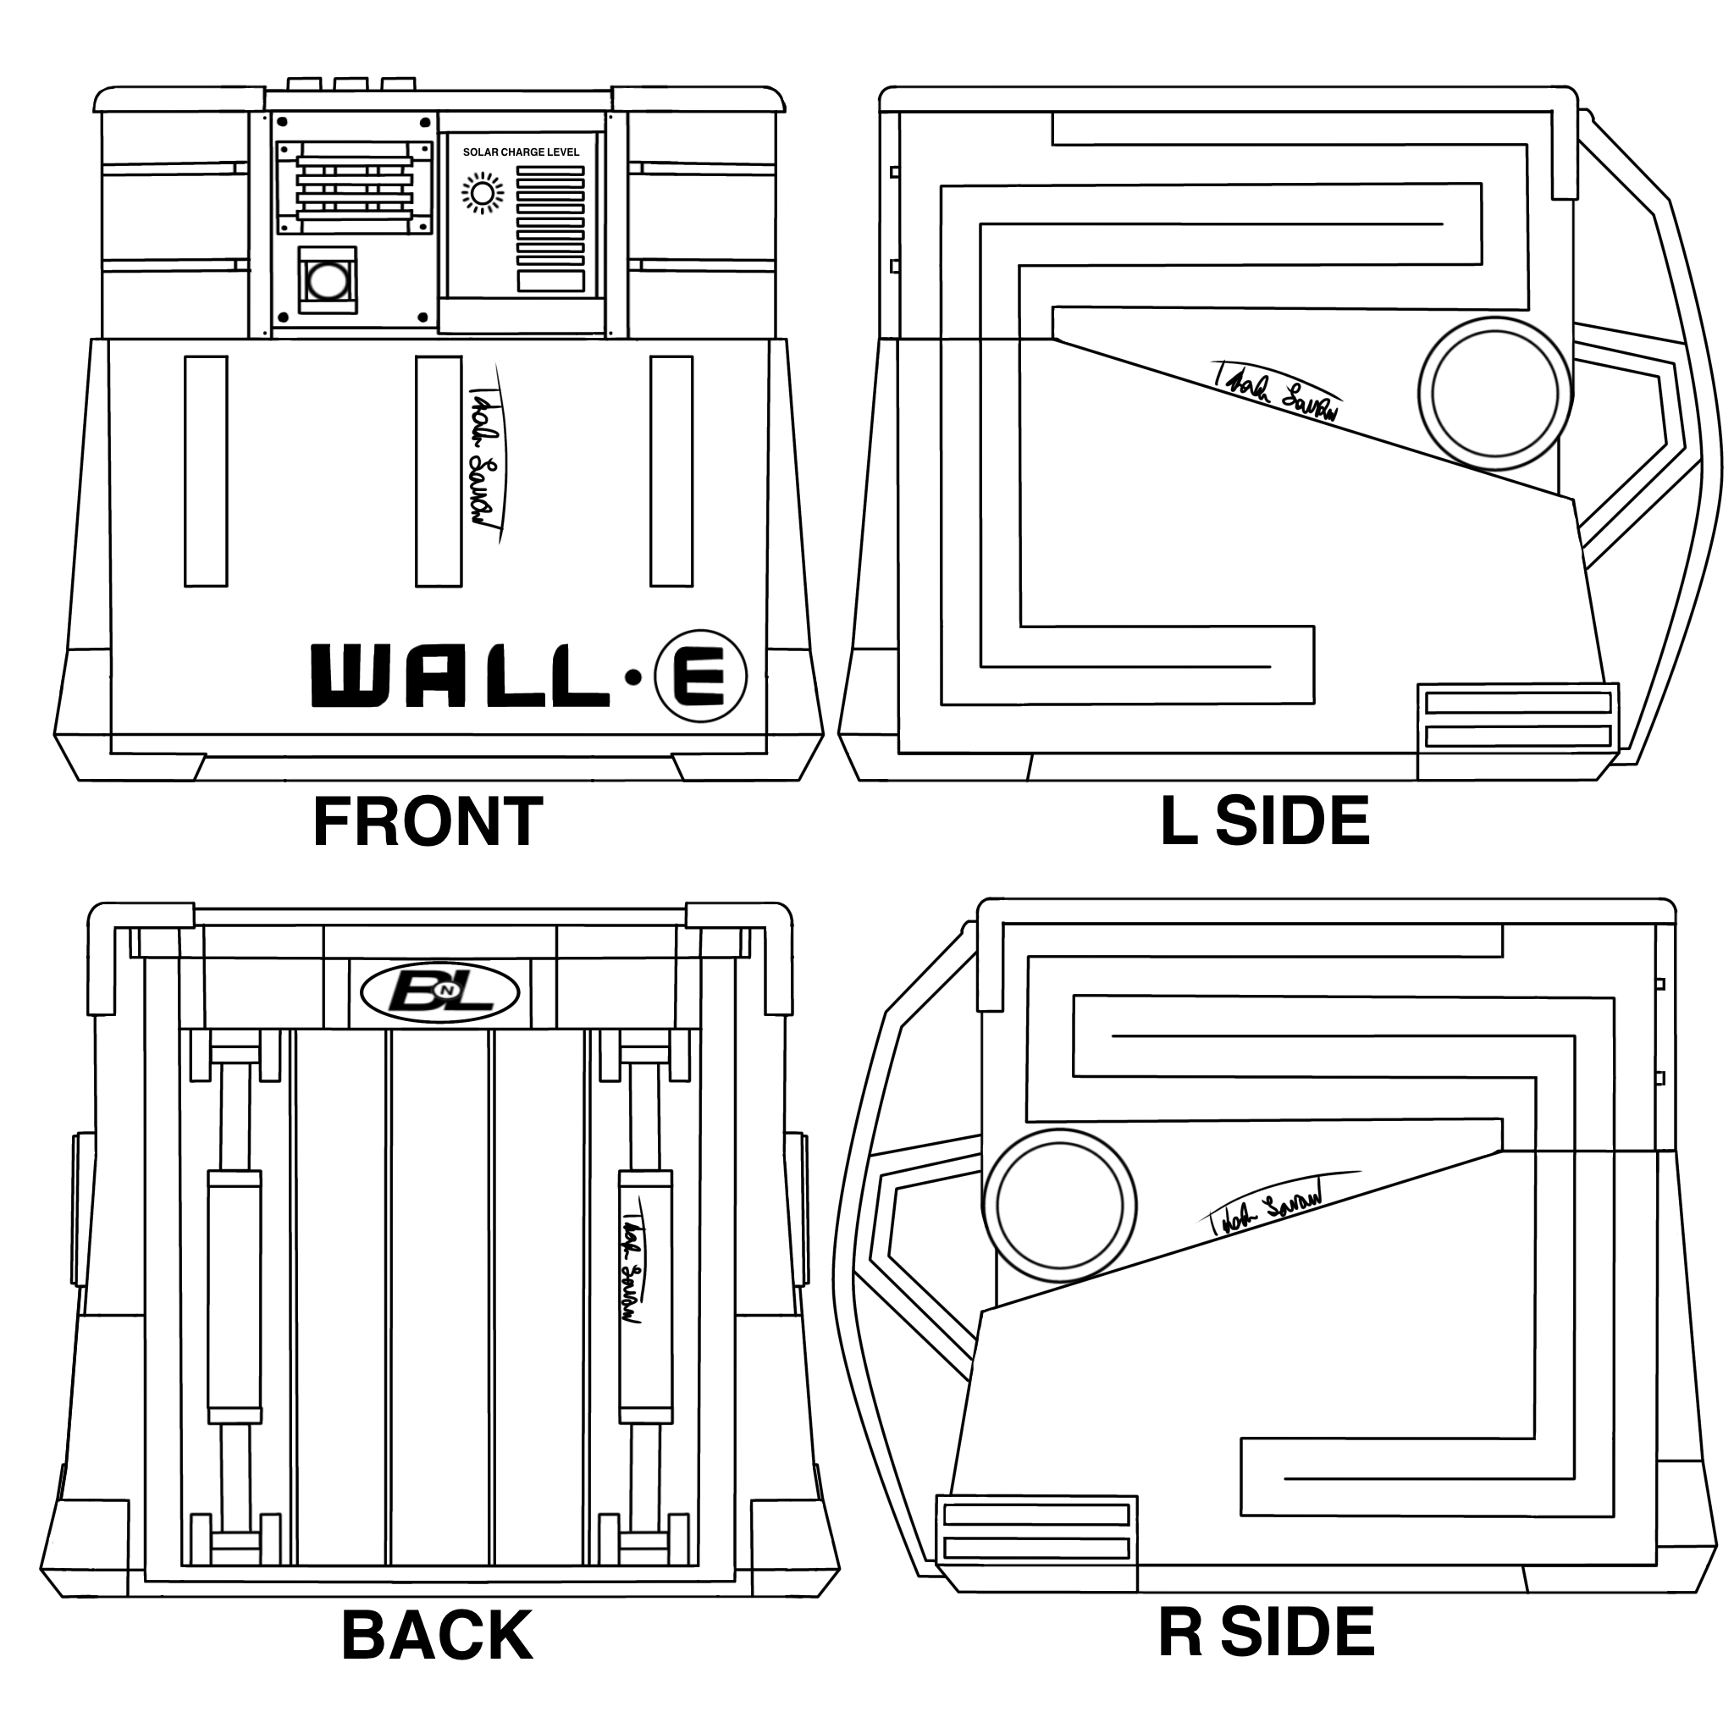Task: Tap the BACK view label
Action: coord(436,1635)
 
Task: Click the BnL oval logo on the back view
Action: coord(439,993)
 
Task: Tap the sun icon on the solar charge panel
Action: coord(483,194)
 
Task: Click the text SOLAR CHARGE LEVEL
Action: coord(521,152)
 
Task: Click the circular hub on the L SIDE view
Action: coord(1494,393)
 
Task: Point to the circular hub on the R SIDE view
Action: coord(1060,1207)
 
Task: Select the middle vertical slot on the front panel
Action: coord(438,472)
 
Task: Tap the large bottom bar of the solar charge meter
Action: coord(551,280)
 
